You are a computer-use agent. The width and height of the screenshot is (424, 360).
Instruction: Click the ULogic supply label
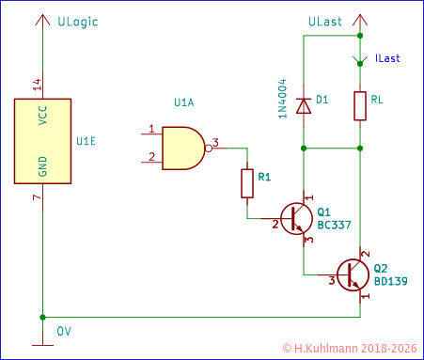point(78,21)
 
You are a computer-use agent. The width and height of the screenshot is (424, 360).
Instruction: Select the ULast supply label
point(325,21)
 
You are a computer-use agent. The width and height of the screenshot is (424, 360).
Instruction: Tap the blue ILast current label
point(386,58)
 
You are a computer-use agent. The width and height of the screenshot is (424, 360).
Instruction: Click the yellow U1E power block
point(42,140)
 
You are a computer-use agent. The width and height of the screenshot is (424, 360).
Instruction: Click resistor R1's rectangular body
point(247,182)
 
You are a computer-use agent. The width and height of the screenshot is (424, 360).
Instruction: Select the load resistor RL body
point(360,106)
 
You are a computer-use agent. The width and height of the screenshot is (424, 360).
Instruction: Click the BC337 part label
point(337,227)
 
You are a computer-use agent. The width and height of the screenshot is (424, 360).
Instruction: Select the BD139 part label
point(390,281)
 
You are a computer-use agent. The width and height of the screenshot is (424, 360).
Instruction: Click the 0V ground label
point(64,331)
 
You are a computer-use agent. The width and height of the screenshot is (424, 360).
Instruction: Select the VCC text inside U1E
point(42,115)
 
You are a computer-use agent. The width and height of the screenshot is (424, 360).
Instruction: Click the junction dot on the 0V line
point(42,318)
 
